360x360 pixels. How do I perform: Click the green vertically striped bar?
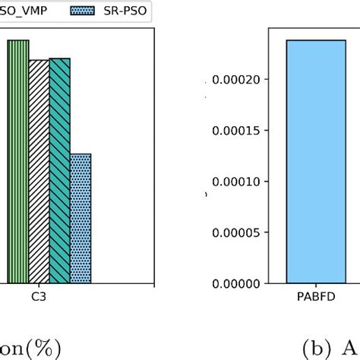[18, 161]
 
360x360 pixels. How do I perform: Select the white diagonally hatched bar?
[39, 172]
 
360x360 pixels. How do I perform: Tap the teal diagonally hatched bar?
[59, 171]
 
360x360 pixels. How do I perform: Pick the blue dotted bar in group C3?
[81, 219]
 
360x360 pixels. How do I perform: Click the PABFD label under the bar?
[315, 298]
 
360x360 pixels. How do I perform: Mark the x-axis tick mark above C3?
[49, 286]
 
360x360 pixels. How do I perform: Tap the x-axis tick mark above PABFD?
[315, 286]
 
